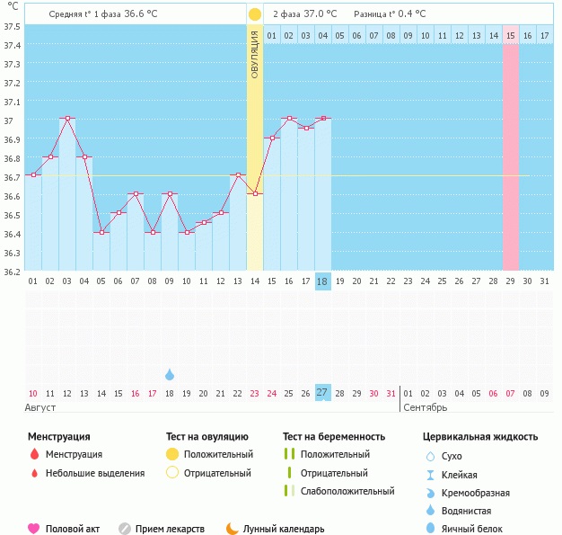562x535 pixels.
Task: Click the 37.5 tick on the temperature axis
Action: pos(13,26)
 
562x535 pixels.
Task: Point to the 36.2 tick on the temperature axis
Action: pos(13,272)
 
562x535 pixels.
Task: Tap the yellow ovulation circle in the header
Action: pos(255,14)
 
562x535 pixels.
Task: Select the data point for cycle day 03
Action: pos(66,119)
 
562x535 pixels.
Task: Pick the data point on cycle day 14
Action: pos(255,194)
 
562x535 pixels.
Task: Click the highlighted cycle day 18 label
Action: pos(323,281)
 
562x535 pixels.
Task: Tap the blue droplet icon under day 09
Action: pos(170,374)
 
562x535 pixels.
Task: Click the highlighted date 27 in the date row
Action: pos(323,393)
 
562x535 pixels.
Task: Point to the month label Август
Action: pos(41,407)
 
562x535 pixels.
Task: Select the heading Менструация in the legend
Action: pos(59,436)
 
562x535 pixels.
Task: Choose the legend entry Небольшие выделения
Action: pos(94,473)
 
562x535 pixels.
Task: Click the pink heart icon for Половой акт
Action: pos(33,529)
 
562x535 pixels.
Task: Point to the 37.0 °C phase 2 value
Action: pos(319,14)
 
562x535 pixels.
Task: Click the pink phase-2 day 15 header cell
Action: pos(510,35)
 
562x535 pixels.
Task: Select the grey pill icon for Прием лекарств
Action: pos(125,529)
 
